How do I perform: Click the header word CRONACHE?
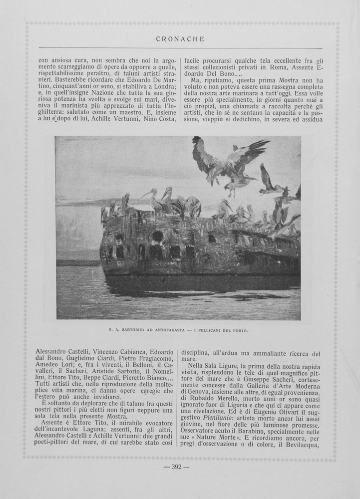pos(180,39)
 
